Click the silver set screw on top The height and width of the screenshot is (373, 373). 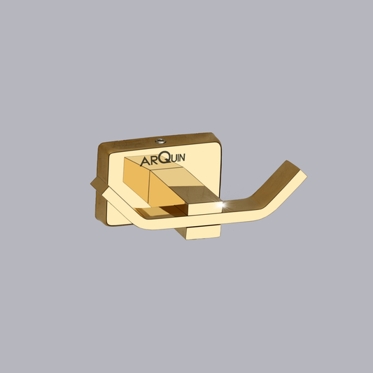coord(160,141)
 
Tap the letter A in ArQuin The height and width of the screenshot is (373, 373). coord(145,162)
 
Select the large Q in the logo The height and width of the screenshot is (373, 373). coord(164,157)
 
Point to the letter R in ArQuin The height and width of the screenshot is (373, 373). coord(154,161)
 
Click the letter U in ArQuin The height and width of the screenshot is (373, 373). coord(174,158)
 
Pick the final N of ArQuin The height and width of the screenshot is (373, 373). coord(182,157)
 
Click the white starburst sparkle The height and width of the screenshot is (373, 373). coord(222,204)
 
